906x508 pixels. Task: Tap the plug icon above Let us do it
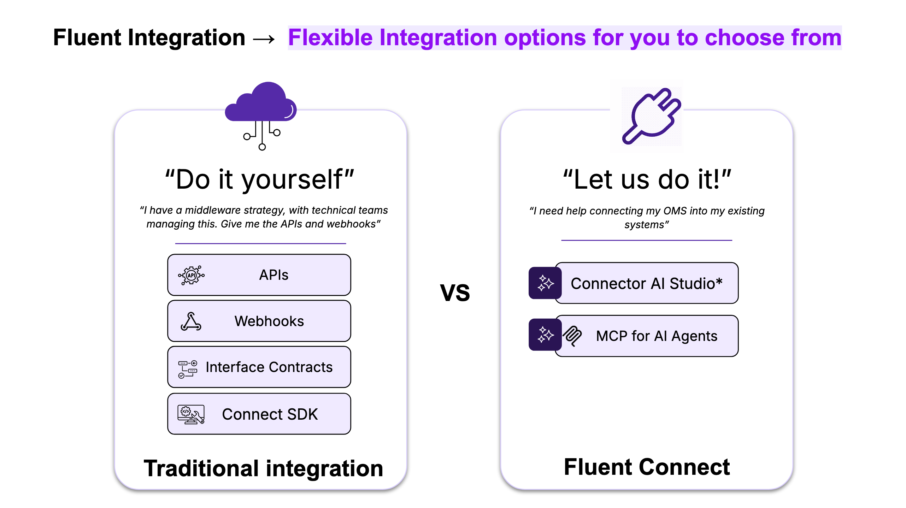651,116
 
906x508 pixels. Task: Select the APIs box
259,275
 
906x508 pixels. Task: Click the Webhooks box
259,321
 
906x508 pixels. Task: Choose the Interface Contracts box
259,367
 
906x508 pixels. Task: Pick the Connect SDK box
259,414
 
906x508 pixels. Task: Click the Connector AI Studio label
646,283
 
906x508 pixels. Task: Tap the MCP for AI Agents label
657,336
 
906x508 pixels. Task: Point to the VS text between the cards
455,293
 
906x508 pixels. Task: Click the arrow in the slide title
264,39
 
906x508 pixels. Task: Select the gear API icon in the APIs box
191,275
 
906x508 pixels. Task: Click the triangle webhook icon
191,321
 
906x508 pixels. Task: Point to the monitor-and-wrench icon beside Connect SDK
191,414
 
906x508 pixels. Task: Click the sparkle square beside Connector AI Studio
545,283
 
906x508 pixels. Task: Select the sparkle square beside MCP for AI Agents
545,335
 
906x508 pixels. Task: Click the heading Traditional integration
263,468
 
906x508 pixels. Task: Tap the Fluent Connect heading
647,467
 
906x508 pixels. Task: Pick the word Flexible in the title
330,38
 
